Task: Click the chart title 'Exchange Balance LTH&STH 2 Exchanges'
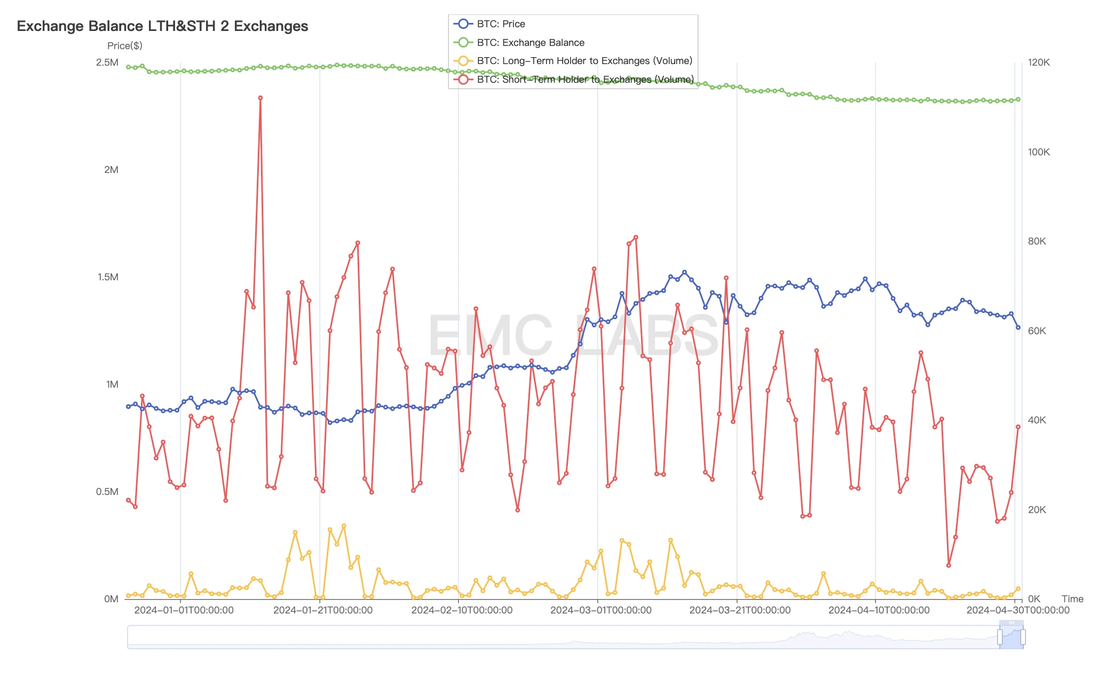pyautogui.click(x=162, y=26)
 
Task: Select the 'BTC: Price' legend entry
pyautogui.click(x=500, y=24)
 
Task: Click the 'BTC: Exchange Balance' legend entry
pyautogui.click(x=530, y=43)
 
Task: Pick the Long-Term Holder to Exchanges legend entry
pyautogui.click(x=584, y=61)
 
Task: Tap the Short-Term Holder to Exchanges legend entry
pyautogui.click(x=585, y=80)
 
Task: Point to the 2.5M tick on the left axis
pyautogui.click(x=107, y=62)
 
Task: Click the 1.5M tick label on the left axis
pyautogui.click(x=108, y=277)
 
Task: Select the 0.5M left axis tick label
pyautogui.click(x=107, y=492)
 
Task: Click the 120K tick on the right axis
pyautogui.click(x=1039, y=62)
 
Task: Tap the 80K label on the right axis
pyautogui.click(x=1037, y=241)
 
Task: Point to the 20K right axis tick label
pyautogui.click(x=1037, y=510)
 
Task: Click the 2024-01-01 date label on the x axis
pyautogui.click(x=184, y=610)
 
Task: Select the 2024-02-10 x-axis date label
pyautogui.click(x=462, y=610)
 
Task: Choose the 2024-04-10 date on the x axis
pyautogui.click(x=879, y=610)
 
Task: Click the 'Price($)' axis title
pyautogui.click(x=124, y=46)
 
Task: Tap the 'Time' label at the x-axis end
pyautogui.click(x=1072, y=599)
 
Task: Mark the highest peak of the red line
pyautogui.click(x=260, y=98)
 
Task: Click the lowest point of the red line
pyautogui.click(x=949, y=565)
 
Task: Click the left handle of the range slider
pyautogui.click(x=1000, y=637)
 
